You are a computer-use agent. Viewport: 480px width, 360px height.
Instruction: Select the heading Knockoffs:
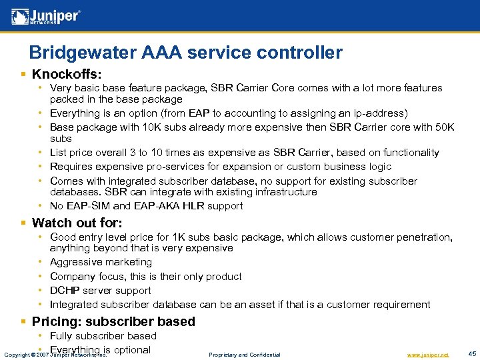(67, 73)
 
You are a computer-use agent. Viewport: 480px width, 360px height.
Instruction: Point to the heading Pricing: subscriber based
(113, 321)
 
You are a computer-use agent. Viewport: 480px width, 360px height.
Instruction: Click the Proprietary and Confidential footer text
(244, 354)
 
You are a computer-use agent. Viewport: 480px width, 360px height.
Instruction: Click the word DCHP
(65, 291)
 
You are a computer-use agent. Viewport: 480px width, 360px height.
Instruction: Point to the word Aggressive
(75, 262)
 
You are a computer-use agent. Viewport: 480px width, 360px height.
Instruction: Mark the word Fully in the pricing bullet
(61, 336)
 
